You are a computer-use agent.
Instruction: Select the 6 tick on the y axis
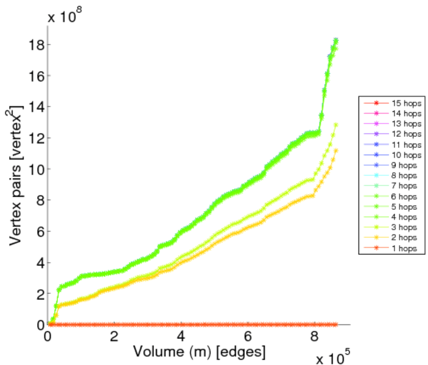(x=38, y=231)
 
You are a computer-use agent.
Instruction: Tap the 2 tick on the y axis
(x=38, y=294)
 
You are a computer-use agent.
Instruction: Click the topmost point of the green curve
(x=336, y=40)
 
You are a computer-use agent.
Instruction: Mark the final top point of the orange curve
(x=336, y=150)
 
